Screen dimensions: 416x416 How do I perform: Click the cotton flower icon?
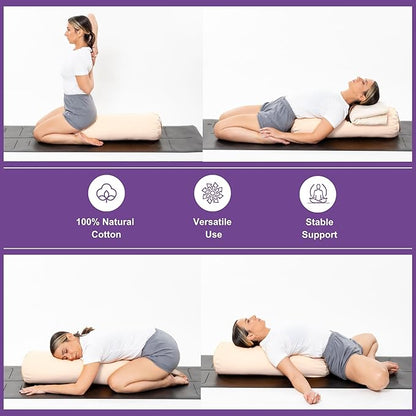(106, 193)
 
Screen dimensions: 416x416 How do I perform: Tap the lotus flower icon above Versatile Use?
(212, 193)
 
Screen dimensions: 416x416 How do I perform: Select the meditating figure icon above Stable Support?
(318, 193)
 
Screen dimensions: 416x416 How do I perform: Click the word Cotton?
(105, 235)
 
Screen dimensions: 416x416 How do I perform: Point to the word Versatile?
(212, 221)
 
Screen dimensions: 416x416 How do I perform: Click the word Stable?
(318, 221)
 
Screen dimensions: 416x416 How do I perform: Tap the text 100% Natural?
(105, 221)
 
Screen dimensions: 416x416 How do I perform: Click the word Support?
(318, 235)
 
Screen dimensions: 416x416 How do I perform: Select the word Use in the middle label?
(212, 235)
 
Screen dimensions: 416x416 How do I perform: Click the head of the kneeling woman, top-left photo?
(80, 29)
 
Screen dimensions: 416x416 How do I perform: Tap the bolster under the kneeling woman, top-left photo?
(125, 126)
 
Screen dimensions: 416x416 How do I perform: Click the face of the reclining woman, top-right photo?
(368, 95)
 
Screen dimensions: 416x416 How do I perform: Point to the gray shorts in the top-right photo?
(275, 113)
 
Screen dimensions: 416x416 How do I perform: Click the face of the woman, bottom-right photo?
(246, 334)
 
